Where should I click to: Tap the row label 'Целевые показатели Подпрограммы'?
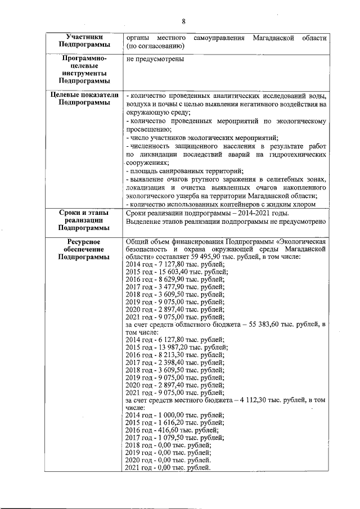[x=84, y=99]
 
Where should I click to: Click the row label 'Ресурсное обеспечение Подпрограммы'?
[x=84, y=249]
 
